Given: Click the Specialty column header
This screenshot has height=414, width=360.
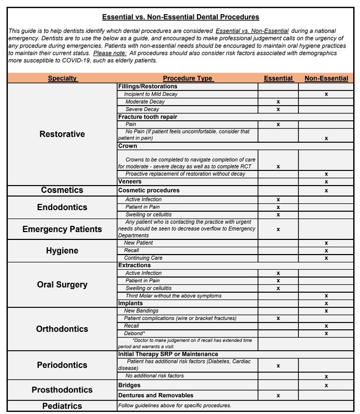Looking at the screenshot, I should pos(62,78).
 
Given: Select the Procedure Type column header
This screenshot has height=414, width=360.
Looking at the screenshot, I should pos(188,78).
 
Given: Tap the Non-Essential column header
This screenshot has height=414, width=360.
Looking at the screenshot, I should pos(326,78).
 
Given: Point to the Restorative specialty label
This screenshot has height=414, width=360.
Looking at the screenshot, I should pos(62,134).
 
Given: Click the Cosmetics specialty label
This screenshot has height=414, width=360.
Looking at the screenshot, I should pos(62,190).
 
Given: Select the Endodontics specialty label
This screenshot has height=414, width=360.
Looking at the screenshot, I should pos(62,208).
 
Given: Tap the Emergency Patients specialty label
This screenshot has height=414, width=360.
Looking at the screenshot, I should pos(62,229).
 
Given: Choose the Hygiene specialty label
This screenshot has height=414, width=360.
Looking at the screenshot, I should pos(62,251).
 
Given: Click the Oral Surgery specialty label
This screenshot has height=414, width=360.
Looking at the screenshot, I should pos(62,285).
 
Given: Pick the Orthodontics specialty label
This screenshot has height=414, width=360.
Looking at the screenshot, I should pos(62,329).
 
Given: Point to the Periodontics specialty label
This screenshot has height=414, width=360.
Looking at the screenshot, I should pos(62,365).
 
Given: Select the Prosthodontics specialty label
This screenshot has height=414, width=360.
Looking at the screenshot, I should pos(62,390).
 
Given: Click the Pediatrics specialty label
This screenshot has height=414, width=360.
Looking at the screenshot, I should pos(62,406).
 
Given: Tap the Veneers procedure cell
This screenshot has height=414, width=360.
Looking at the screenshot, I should pos(130,181).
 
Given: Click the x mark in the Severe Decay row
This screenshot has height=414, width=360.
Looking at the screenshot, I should pos(278,109).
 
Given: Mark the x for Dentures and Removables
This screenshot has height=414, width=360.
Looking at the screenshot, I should pos(278,396).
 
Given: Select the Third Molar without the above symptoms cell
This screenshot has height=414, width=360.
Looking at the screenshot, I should pos(173,296).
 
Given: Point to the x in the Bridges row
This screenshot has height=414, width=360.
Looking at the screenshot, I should pos(326,385).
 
